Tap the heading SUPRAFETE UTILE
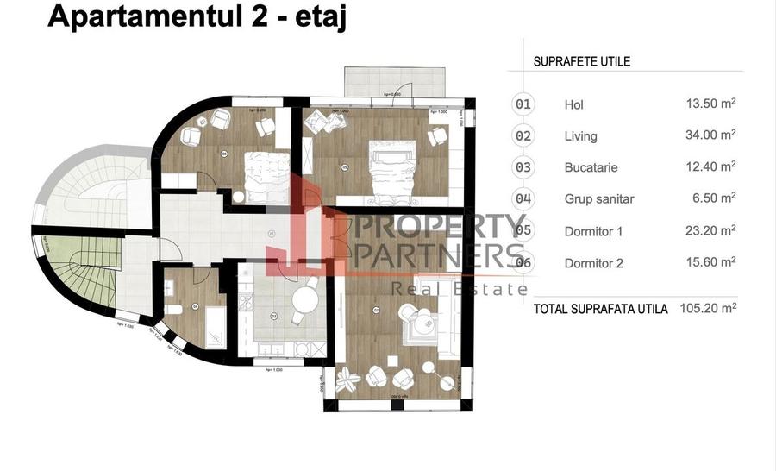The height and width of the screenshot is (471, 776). point(582,62)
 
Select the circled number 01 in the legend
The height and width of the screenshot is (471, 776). point(523,104)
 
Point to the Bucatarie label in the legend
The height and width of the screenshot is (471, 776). point(591,167)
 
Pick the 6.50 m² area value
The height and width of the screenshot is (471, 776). point(712,198)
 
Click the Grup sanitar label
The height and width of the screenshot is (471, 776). point(599,199)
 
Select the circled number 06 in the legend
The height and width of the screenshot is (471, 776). point(523,262)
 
